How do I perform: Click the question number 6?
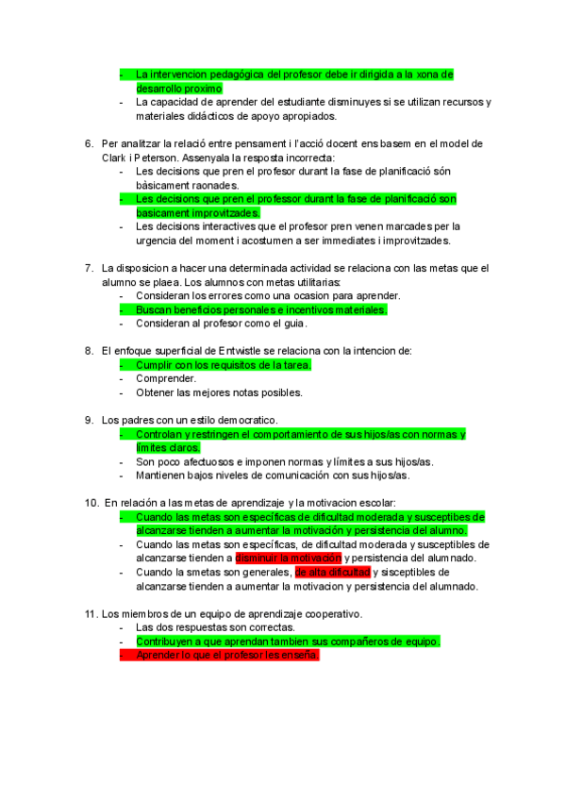(x=88, y=144)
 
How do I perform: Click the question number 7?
(x=88, y=269)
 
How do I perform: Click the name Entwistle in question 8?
(x=254, y=351)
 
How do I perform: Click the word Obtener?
(x=158, y=392)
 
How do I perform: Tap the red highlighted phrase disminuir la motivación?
(x=289, y=558)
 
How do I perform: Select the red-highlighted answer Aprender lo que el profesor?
(x=226, y=655)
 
